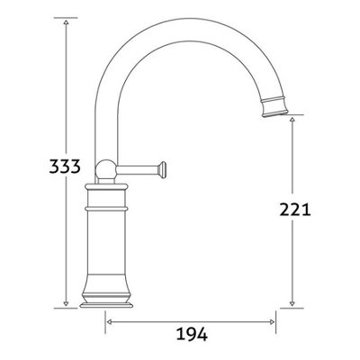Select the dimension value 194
(x=192, y=335)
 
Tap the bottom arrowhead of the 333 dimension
(x=67, y=307)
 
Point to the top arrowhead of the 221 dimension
(x=293, y=119)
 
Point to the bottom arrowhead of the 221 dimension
(x=293, y=307)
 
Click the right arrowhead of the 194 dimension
(x=273, y=319)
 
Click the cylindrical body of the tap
(x=107, y=247)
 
